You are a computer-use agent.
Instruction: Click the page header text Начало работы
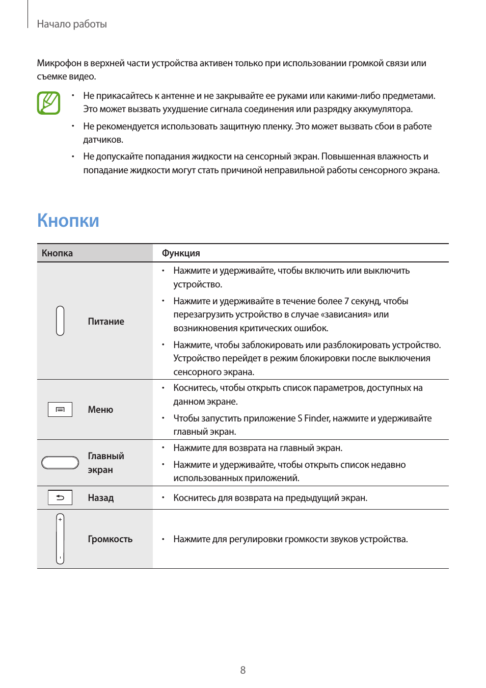[72, 24]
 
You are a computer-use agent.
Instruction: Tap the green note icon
[48, 103]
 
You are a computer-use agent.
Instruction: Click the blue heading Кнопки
[68, 221]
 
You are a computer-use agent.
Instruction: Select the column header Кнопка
[57, 253]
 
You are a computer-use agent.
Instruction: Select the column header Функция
[181, 253]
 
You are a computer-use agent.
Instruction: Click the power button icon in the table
[60, 321]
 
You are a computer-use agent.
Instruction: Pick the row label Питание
[106, 322]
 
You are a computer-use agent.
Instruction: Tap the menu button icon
[60, 409]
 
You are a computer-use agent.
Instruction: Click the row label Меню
[100, 410]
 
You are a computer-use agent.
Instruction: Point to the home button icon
[60, 462]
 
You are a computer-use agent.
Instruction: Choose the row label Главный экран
[105, 463]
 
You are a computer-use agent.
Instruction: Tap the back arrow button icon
[60, 497]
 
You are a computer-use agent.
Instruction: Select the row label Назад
[100, 498]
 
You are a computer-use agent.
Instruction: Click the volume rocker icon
[60, 539]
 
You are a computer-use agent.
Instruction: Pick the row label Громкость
[110, 539]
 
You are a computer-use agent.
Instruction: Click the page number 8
[243, 670]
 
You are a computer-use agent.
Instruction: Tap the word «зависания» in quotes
[348, 314]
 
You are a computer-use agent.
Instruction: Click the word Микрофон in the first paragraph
[59, 63]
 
